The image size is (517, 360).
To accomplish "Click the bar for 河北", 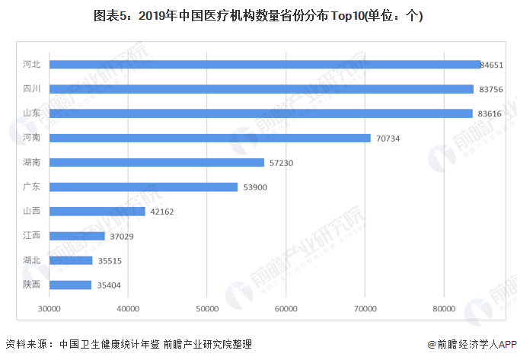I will tap(265, 65).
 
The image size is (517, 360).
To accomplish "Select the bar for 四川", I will tap(261, 89).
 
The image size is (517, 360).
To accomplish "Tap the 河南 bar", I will tap(210, 138).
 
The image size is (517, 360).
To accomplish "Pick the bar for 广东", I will tap(143, 187).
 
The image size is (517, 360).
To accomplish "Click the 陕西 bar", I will tap(70, 285).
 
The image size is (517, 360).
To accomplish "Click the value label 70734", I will tap(388, 139).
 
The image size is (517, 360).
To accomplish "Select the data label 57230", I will tap(282, 163).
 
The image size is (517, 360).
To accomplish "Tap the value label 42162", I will tap(163, 212).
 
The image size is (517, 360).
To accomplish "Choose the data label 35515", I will tap(110, 260).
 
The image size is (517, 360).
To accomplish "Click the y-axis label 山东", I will tap(31, 113).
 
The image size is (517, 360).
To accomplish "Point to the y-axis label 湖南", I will tap(31, 163).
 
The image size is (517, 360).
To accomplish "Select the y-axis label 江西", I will tap(31, 236).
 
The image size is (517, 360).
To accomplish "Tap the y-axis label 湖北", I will tap(31, 260).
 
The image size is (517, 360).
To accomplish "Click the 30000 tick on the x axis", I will tap(49, 308).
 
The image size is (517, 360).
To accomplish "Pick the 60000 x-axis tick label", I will tap(286, 308).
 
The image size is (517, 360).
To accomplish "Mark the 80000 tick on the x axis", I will tap(443, 308).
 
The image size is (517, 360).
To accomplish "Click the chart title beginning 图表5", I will tap(258, 15).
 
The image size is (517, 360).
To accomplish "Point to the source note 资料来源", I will tap(129, 344).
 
